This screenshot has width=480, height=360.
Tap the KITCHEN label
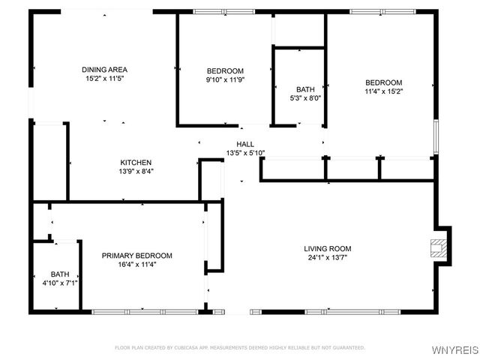[136, 162]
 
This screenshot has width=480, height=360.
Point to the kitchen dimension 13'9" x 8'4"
[136, 171]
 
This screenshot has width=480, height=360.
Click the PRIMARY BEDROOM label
[136, 256]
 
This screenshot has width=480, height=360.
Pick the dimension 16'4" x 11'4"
[136, 265]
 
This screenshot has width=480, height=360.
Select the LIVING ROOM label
[327, 249]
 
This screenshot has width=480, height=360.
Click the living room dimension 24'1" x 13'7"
[327, 258]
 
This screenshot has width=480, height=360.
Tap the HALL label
[245, 144]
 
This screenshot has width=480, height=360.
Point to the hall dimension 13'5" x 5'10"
[245, 153]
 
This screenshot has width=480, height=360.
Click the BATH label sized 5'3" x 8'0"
[305, 89]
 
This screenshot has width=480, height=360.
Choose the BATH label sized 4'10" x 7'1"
[60, 274]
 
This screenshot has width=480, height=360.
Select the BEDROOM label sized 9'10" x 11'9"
[225, 70]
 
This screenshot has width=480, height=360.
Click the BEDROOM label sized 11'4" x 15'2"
[383, 82]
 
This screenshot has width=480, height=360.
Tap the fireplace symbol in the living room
[436, 248]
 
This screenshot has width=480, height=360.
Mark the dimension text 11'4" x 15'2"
[383, 91]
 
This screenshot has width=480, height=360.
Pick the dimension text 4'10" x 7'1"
[60, 283]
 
